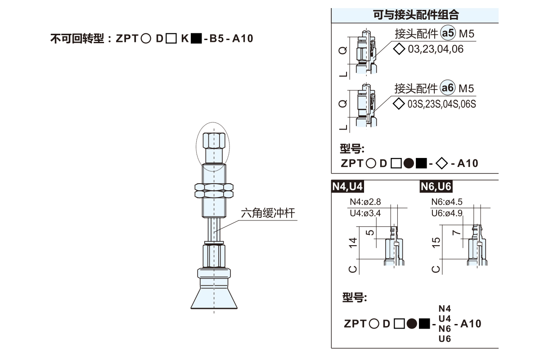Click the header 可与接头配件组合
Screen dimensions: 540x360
pyautogui.click(x=416, y=15)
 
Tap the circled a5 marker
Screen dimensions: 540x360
pyautogui.click(x=448, y=33)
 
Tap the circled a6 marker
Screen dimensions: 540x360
pyautogui.click(x=447, y=88)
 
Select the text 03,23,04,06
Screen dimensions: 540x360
pyautogui.click(x=436, y=49)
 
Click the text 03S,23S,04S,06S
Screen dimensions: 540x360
pyautogui.click(x=441, y=104)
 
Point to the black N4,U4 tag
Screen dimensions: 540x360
pyautogui.click(x=347, y=186)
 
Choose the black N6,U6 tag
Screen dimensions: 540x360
pyautogui.click(x=436, y=186)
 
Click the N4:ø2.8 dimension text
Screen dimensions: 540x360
pyautogui.click(x=365, y=202)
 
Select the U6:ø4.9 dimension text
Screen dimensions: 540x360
pyautogui.click(x=447, y=213)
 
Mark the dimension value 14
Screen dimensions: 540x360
pyautogui.click(x=353, y=243)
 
